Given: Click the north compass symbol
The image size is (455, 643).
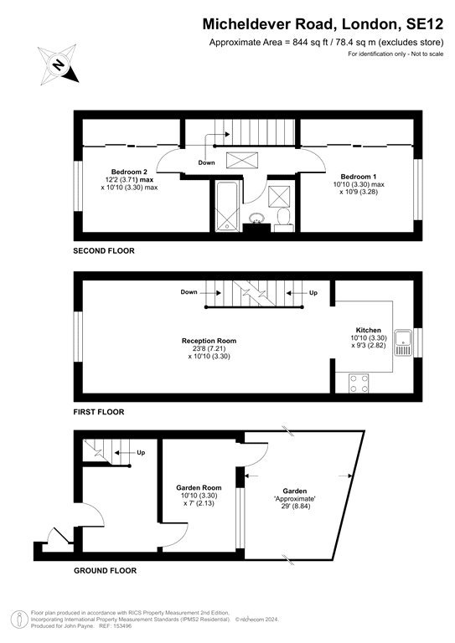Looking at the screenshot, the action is coord(58,64).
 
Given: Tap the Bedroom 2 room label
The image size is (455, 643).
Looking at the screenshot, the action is coord(129,172).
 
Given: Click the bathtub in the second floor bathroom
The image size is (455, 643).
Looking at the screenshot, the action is coord(226,206).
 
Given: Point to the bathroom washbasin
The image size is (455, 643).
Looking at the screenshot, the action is coord(257,218).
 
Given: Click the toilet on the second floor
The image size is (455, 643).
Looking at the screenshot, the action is coord(283,217).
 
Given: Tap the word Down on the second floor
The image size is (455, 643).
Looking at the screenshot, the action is coord(206,162).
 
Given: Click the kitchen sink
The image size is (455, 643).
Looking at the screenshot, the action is coord(403,342).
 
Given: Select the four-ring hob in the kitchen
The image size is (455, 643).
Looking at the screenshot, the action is coord(359,383).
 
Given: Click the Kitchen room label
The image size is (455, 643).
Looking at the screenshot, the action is coord(369,330).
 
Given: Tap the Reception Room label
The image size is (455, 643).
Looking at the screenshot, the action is coord(209,341).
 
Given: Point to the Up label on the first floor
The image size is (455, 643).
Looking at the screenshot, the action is coord(313,293).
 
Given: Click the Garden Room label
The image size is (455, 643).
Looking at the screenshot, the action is coord(199,488).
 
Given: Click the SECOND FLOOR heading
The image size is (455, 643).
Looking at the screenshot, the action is coord(104,251).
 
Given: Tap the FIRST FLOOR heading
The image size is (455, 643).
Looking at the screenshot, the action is coord(99,412).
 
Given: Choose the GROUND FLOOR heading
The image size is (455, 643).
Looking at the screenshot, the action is coord(105,570).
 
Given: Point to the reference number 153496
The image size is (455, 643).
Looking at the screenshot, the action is coord(122,626).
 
